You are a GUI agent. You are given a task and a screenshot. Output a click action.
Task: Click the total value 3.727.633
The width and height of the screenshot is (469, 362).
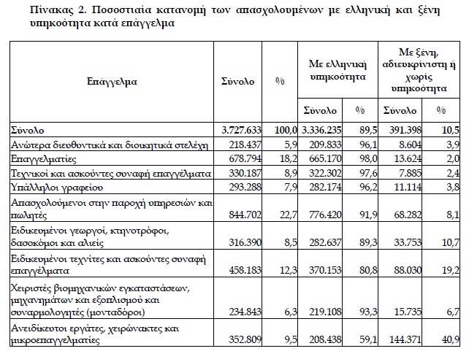pos(239,130)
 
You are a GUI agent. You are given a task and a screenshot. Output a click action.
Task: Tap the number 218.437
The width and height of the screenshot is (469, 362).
pos(241,145)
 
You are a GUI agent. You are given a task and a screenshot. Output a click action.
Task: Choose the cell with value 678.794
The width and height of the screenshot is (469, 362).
pos(241,159)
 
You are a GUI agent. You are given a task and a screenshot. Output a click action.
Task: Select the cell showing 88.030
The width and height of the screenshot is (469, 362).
pos(407,269)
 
